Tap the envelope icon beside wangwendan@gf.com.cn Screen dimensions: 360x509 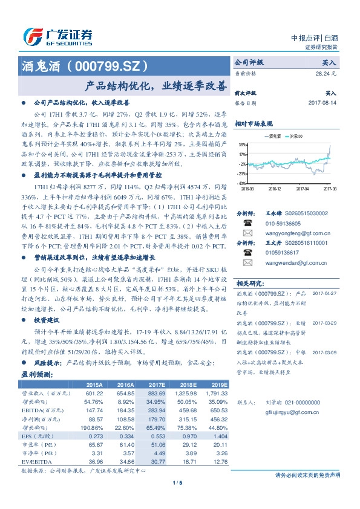[247, 263]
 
